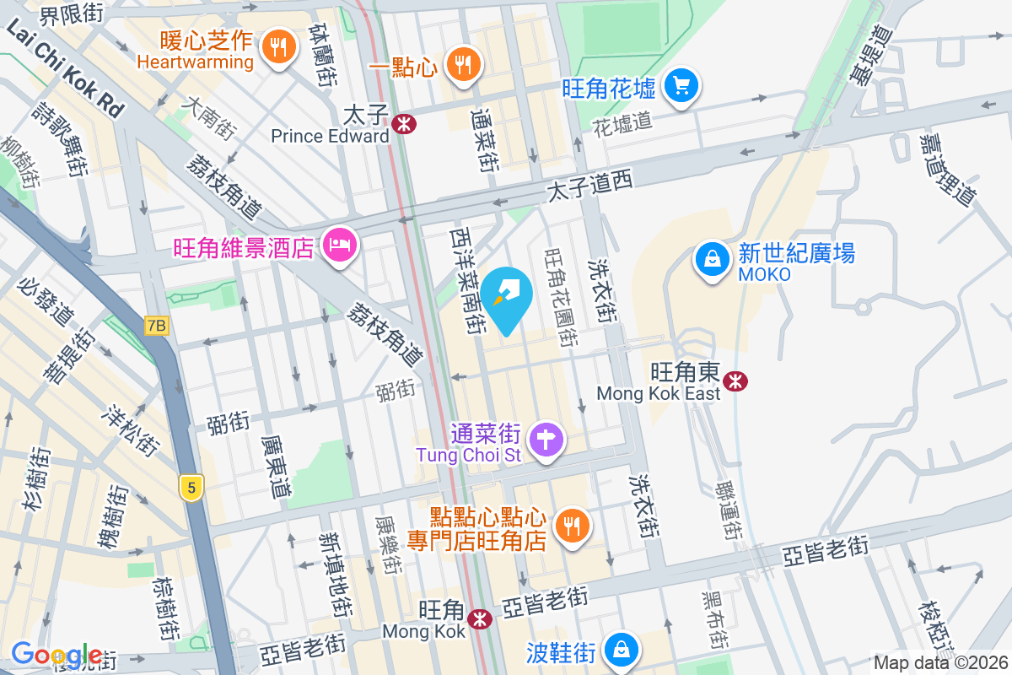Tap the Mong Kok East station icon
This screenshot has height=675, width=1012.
(736, 381)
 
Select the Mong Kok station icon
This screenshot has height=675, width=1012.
(481, 618)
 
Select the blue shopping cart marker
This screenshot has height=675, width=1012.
(681, 85)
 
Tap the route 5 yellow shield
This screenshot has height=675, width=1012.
(192, 487)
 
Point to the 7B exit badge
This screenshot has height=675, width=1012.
(157, 326)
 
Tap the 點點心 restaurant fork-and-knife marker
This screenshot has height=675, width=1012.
(573, 526)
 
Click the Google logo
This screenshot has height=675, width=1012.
(57, 655)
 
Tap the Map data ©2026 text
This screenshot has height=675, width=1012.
(940, 663)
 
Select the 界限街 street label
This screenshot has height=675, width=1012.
(72, 13)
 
